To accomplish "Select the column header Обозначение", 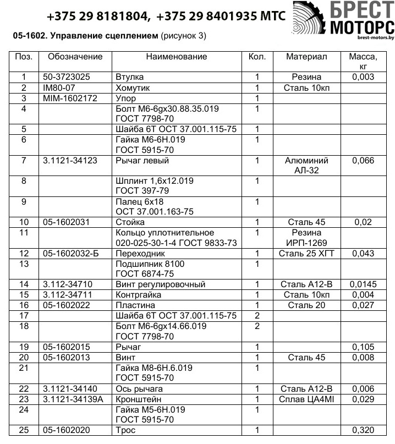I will coord(75,57).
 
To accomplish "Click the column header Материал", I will coord(307,57).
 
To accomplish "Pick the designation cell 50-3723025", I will coord(67,78).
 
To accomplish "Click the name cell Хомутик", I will coord(133,88).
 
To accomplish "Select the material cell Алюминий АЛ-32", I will coord(307,166).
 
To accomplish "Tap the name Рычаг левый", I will coord(142,161).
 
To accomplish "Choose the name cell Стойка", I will coord(130,222).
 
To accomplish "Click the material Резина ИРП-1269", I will coord(307,238).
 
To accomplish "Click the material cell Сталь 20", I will coord(307,305).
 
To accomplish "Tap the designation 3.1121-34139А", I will coord(73,399).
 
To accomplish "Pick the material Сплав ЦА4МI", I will coord(307,399).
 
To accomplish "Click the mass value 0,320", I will coord(363,430).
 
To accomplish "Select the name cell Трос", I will coord(125,430).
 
